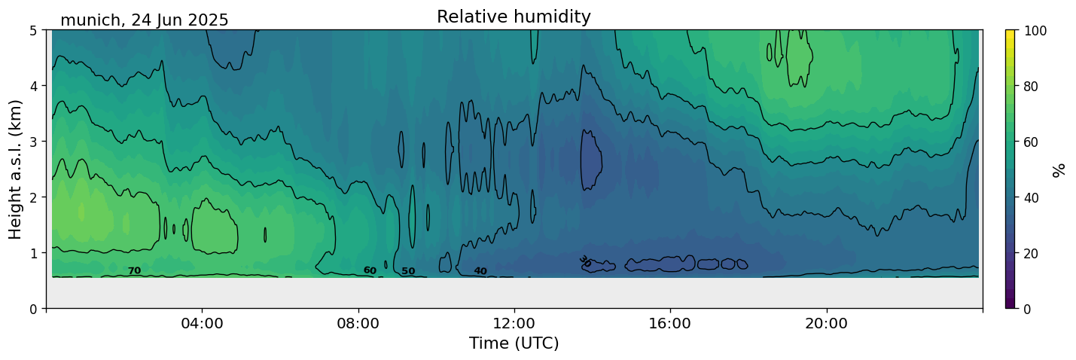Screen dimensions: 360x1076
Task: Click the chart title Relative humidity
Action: point(514,17)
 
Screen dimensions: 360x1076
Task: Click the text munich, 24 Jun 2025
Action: point(145,20)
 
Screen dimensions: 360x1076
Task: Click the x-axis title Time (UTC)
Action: point(514,344)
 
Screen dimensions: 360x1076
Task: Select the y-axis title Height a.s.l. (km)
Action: point(16,169)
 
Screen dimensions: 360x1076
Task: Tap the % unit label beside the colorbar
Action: point(1059,170)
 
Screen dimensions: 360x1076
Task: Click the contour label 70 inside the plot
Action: point(134,271)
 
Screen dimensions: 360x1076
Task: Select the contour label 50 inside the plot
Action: point(408,271)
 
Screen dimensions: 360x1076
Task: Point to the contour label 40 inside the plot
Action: point(480,271)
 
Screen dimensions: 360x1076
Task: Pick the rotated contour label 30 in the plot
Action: point(585,261)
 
